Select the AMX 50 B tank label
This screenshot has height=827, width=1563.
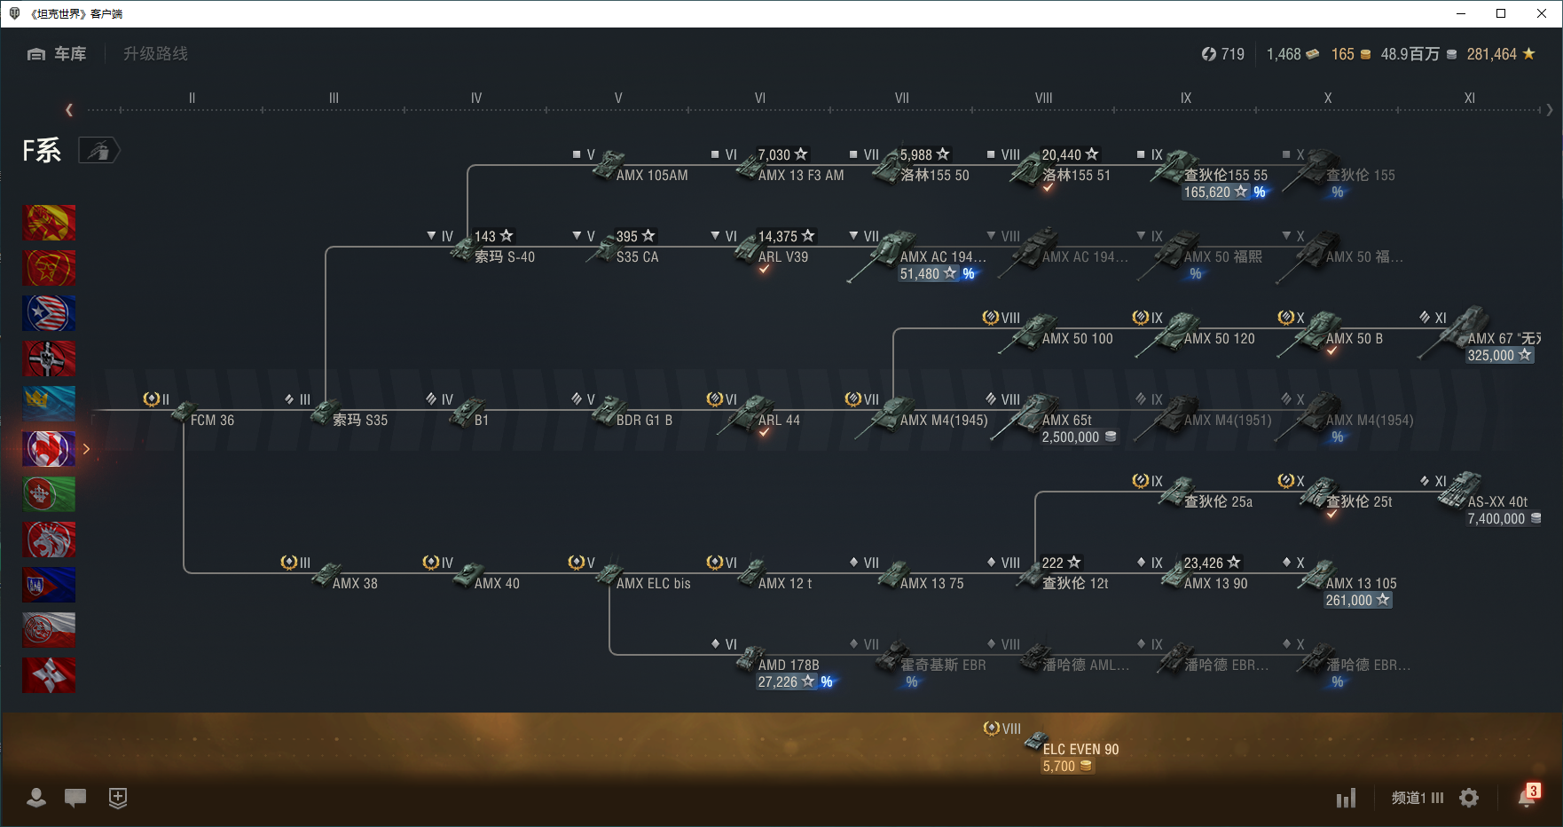(x=1354, y=339)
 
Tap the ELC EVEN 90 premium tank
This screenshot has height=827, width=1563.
(x=1080, y=749)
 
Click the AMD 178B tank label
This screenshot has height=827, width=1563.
(x=788, y=666)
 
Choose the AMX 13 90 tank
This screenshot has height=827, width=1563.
(x=1214, y=583)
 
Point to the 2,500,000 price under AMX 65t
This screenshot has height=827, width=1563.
(x=1070, y=437)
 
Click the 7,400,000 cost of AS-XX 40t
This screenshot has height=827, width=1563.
(x=1496, y=519)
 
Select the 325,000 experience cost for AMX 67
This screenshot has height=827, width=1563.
(x=1491, y=356)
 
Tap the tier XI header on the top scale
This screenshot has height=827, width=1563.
(x=1469, y=98)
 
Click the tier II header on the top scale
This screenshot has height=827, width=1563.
(x=192, y=98)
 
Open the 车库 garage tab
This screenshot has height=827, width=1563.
(x=58, y=54)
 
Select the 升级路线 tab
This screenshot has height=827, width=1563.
(x=155, y=54)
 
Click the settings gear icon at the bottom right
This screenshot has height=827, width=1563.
(x=1469, y=798)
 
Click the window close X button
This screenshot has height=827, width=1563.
(x=1542, y=13)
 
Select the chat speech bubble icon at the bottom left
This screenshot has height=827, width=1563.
(x=75, y=798)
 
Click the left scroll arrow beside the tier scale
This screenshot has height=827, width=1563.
(x=69, y=110)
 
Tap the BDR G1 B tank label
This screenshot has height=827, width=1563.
(x=644, y=421)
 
